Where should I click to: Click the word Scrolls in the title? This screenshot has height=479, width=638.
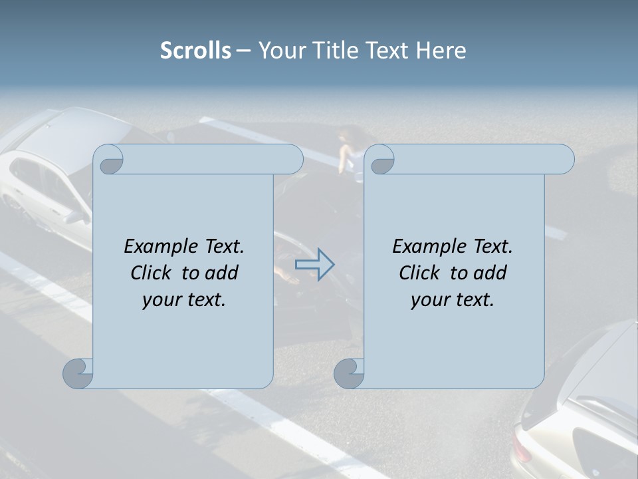195,51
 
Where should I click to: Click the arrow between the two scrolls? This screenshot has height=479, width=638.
314,265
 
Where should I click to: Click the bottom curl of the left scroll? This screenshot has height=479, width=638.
78,373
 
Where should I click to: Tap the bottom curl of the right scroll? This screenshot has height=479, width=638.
349,373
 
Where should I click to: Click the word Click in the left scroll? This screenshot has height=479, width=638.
152,273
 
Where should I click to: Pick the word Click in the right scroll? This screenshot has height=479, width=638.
420,273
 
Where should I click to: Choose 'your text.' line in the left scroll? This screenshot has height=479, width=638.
184,299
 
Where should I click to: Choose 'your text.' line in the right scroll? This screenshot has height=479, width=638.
453,299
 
